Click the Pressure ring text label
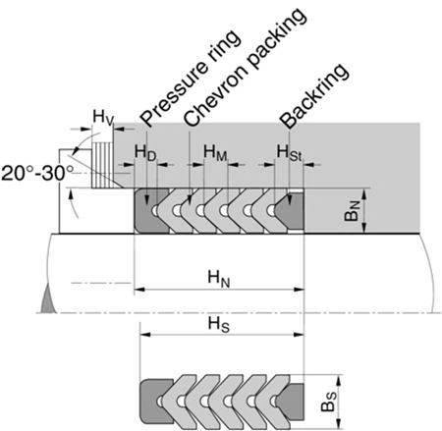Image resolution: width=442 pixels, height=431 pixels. [191, 79]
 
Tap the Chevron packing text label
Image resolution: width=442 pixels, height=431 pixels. [246, 67]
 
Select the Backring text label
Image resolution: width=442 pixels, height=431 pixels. [314, 96]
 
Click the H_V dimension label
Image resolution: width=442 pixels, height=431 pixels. [103, 118]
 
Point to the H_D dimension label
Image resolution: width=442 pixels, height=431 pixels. [145, 153]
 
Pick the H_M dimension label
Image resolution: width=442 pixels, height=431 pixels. [215, 153]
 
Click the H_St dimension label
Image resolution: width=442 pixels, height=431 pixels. [289, 153]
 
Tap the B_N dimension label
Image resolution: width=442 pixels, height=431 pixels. [353, 211]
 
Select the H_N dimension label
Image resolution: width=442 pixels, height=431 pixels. [219, 279]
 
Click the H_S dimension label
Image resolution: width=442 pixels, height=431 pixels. [219, 325]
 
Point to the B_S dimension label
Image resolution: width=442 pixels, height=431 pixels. [328, 402]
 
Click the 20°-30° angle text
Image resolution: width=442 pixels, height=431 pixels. [37, 173]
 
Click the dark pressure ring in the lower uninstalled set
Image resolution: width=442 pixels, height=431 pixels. [154, 402]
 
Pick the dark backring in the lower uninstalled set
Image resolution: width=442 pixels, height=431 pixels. [292, 402]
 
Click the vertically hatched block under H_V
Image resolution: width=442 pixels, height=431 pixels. [102, 165]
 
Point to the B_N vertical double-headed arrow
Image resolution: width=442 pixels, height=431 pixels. [364, 211]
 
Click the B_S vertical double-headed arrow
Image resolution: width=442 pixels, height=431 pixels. [339, 402]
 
